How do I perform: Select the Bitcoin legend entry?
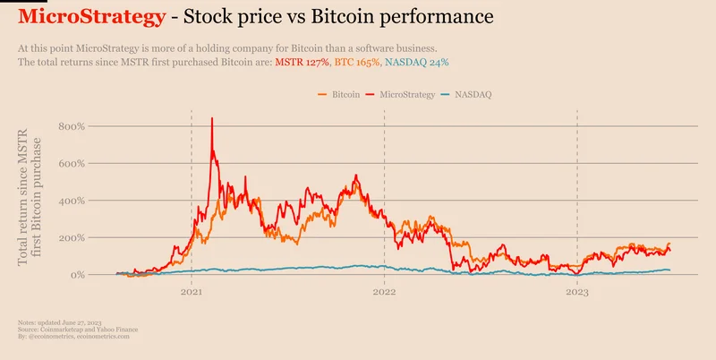coord(345,94)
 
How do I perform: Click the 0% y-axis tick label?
coord(75,275)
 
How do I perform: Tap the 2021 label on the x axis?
coord(192,292)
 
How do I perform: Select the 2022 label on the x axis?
coord(384,292)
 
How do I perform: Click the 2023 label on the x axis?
coord(576,292)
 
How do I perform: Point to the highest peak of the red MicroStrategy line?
coord(211,118)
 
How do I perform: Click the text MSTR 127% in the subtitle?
coord(303,63)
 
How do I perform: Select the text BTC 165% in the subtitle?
coord(356,63)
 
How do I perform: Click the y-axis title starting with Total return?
coord(30,197)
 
